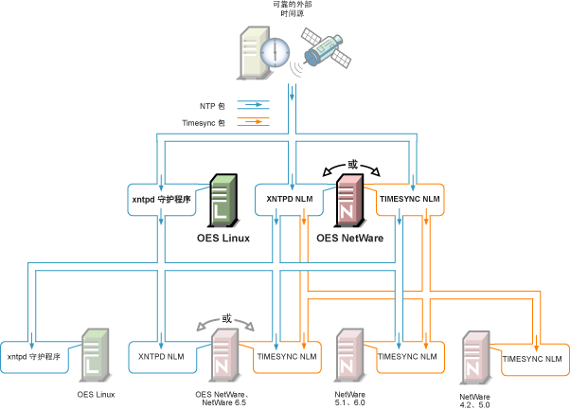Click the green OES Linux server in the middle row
point(223,199)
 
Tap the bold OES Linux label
point(223,238)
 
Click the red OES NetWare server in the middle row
point(350,199)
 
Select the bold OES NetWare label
point(349,238)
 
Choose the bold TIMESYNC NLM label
point(409,199)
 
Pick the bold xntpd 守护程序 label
point(162,199)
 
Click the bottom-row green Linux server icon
point(95,355)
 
